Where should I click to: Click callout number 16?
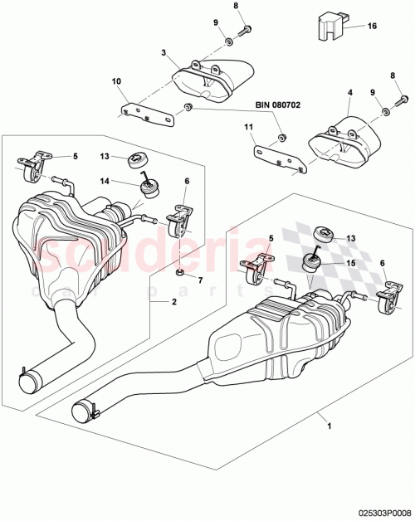(372, 26)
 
